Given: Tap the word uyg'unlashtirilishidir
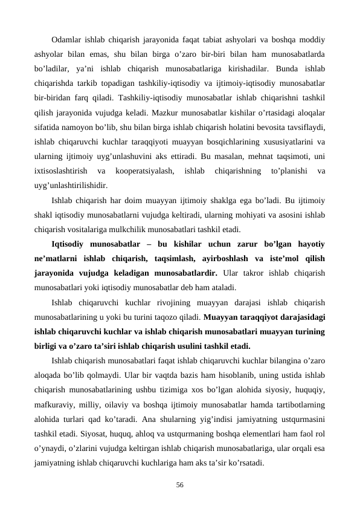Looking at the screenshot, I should coord(71,186).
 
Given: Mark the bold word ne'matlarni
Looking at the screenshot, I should coord(57,258).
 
